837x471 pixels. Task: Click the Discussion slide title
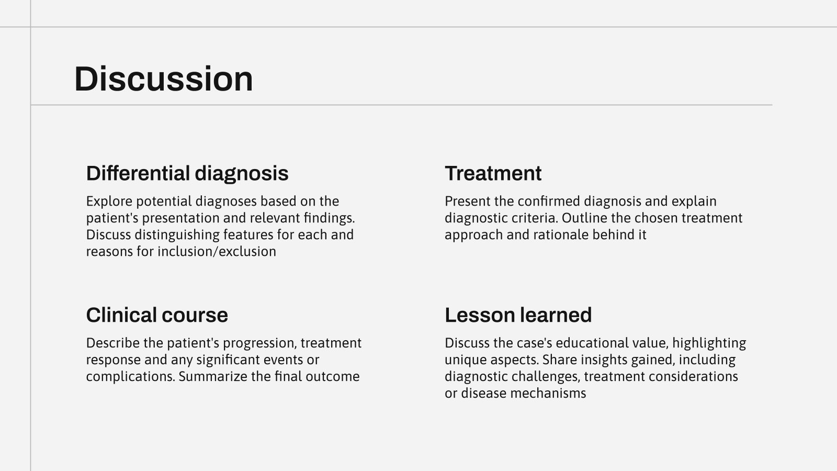[164, 79]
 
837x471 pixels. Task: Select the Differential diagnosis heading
[187, 173]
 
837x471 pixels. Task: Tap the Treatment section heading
[493, 173]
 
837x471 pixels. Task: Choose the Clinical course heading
[157, 315]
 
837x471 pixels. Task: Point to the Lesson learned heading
[518, 315]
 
